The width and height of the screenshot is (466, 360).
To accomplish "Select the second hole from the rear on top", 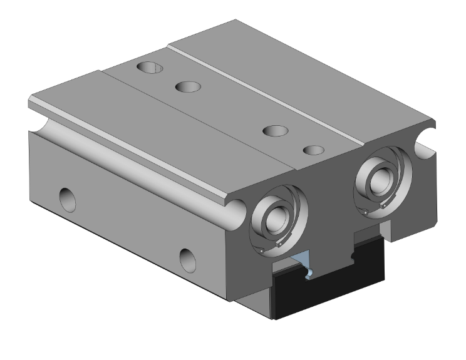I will (187, 86).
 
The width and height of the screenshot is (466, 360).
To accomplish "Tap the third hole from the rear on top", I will (275, 131).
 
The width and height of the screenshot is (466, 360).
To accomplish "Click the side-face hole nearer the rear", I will (66, 200).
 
